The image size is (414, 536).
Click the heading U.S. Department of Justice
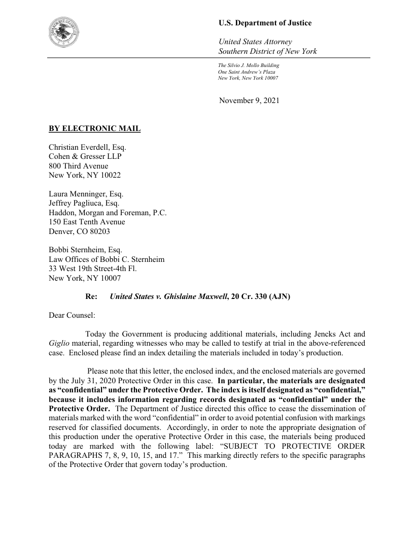265,23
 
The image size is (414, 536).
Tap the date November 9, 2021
249,100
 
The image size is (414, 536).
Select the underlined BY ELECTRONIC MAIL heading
94,128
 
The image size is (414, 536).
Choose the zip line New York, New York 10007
248,78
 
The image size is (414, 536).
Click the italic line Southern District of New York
267,51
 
